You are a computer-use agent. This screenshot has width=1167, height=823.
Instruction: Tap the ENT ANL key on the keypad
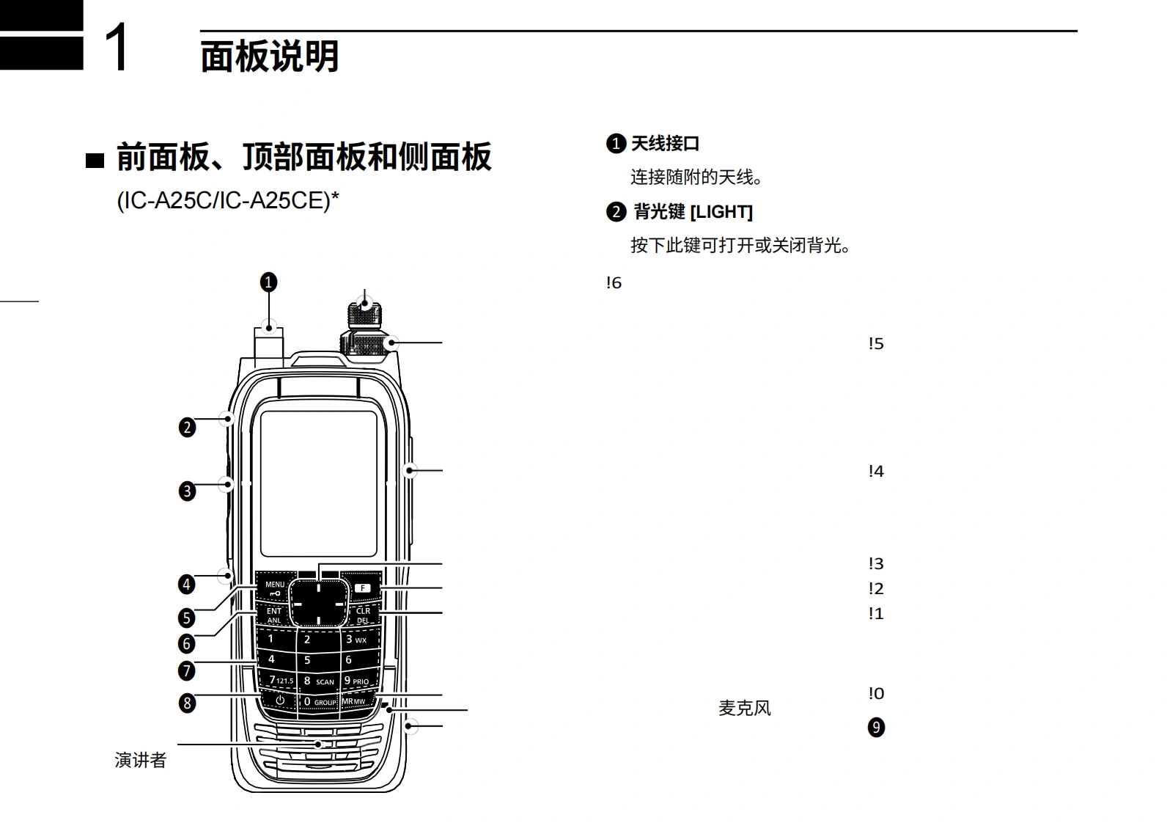click(x=273, y=615)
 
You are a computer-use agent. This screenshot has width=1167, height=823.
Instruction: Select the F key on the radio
click(x=362, y=588)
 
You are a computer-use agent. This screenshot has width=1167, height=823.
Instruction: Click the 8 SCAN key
click(x=318, y=681)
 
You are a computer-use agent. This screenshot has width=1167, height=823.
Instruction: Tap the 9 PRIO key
click(x=357, y=681)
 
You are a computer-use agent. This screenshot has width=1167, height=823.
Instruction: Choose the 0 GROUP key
click(x=320, y=702)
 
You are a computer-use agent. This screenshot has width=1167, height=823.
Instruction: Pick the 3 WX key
click(x=356, y=639)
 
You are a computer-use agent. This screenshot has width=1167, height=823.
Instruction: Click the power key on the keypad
click(x=279, y=701)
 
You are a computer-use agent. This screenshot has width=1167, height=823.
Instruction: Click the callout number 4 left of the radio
click(x=187, y=584)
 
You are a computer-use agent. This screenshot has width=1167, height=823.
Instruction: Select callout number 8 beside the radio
click(x=187, y=703)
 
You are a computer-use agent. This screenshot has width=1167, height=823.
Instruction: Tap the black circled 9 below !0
click(x=876, y=728)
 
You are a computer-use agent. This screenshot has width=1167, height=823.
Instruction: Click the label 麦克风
click(x=745, y=708)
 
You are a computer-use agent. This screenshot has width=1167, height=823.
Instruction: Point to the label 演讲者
click(x=141, y=760)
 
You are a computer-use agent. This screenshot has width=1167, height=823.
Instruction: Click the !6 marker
click(x=614, y=283)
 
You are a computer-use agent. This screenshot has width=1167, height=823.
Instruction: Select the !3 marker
click(x=876, y=564)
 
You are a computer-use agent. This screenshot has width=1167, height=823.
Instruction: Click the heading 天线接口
click(x=665, y=144)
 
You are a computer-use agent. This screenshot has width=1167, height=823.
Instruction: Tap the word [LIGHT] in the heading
click(x=721, y=212)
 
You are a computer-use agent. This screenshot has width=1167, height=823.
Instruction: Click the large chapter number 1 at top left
click(x=117, y=46)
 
